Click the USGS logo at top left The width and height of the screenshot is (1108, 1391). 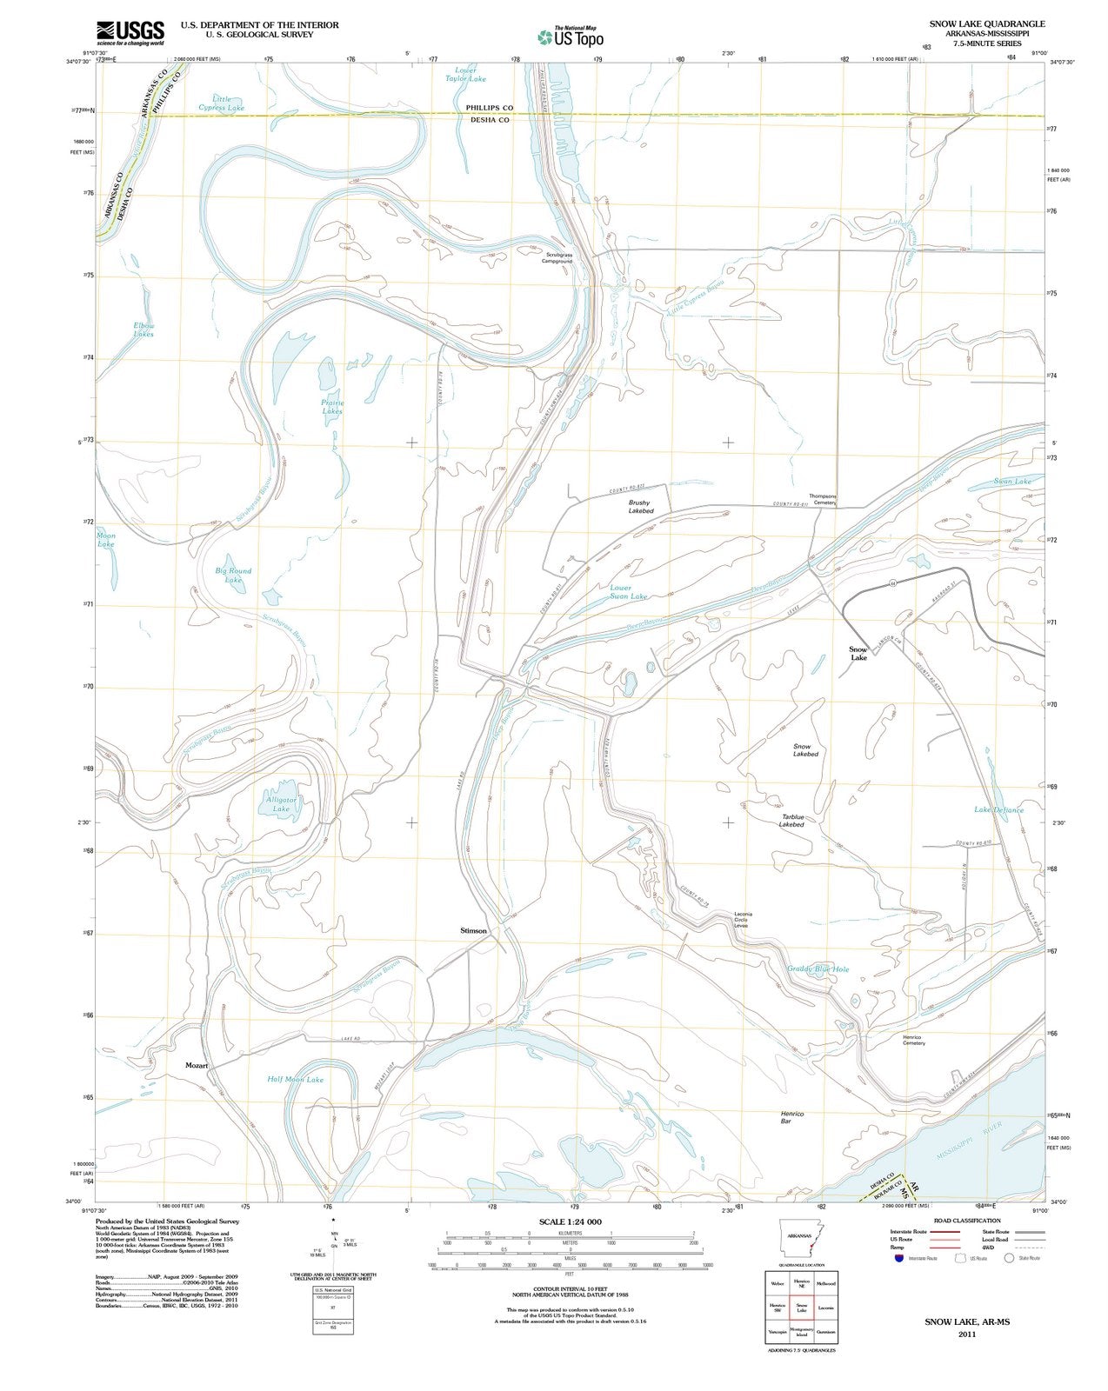coord(130,32)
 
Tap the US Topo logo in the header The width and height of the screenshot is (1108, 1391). coord(570,37)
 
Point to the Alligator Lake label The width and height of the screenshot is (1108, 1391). coord(281,803)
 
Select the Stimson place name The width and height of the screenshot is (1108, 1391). coord(474,930)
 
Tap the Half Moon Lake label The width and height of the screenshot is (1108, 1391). coord(295,1079)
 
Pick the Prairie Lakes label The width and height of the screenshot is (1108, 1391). coord(332,407)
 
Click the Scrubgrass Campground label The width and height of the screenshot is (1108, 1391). coord(557,257)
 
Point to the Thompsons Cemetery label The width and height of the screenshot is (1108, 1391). coord(822,499)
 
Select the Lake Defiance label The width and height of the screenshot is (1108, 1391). coord(998,809)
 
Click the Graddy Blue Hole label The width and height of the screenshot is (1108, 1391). coord(818,968)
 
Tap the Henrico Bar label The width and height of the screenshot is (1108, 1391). coord(792,1117)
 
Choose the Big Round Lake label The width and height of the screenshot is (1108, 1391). coord(233,575)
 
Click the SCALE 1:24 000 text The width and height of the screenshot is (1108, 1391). coord(570,1221)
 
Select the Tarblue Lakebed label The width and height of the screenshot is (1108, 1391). coord(792,820)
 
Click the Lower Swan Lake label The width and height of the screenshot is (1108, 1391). coord(628,592)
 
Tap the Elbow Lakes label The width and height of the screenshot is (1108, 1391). coord(144,329)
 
